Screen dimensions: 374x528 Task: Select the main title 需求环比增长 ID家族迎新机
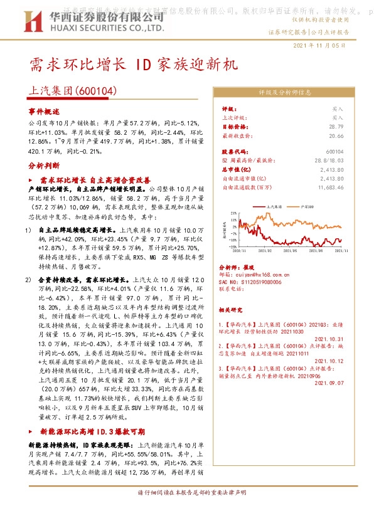point(133,65)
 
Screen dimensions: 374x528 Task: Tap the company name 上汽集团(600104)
point(73,92)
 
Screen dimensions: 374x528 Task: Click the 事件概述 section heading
point(43,110)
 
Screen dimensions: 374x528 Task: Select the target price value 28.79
point(336,126)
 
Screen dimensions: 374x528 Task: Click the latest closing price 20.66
point(336,135)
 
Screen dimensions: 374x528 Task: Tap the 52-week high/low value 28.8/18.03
point(331,161)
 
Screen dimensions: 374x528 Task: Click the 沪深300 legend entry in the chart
point(307,205)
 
